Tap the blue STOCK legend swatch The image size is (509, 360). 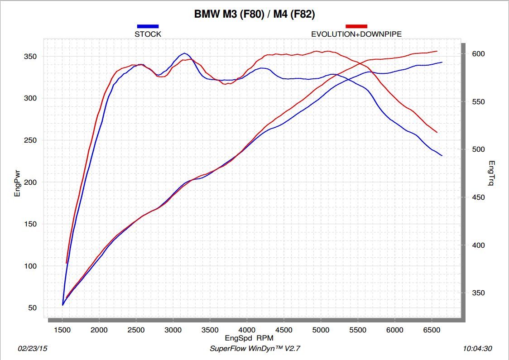pyautogui.click(x=148, y=26)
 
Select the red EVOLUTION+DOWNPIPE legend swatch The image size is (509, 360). pyautogui.click(x=356, y=26)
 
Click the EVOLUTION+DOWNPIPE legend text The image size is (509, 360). pyautogui.click(x=356, y=34)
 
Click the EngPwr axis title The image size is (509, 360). pyautogui.click(x=18, y=182)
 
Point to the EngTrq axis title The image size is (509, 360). pyautogui.click(x=492, y=174)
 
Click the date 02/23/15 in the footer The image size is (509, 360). pyautogui.click(x=32, y=349)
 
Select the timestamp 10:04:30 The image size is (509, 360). pyautogui.click(x=477, y=349)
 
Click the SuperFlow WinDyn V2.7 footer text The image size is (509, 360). pyautogui.click(x=255, y=349)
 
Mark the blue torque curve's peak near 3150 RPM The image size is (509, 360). pyautogui.click(x=184, y=53)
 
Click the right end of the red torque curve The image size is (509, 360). pyautogui.click(x=437, y=132)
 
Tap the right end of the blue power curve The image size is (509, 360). pyautogui.click(x=442, y=62)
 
